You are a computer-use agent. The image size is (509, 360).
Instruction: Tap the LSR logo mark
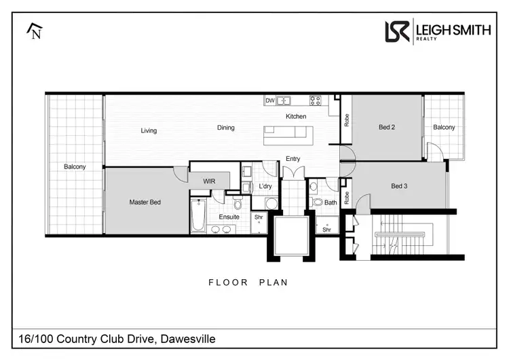point(398,31)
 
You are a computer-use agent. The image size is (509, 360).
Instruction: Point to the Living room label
point(149,130)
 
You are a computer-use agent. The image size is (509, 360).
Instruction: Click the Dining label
point(226,127)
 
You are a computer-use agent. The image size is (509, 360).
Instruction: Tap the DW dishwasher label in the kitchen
point(269,101)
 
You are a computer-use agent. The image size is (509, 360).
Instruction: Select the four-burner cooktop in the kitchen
point(316,101)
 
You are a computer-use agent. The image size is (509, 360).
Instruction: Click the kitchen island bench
point(288,133)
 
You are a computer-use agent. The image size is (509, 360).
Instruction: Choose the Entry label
point(293,158)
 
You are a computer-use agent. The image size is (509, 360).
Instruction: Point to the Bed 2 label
point(387,127)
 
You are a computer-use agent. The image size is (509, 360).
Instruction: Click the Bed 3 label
point(400,185)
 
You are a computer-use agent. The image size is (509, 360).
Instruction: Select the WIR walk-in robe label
point(208,181)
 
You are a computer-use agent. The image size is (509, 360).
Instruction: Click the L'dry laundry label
point(266,186)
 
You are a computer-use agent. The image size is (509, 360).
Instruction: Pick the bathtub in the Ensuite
point(198,216)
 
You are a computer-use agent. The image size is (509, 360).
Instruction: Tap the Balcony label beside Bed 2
point(445,127)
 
